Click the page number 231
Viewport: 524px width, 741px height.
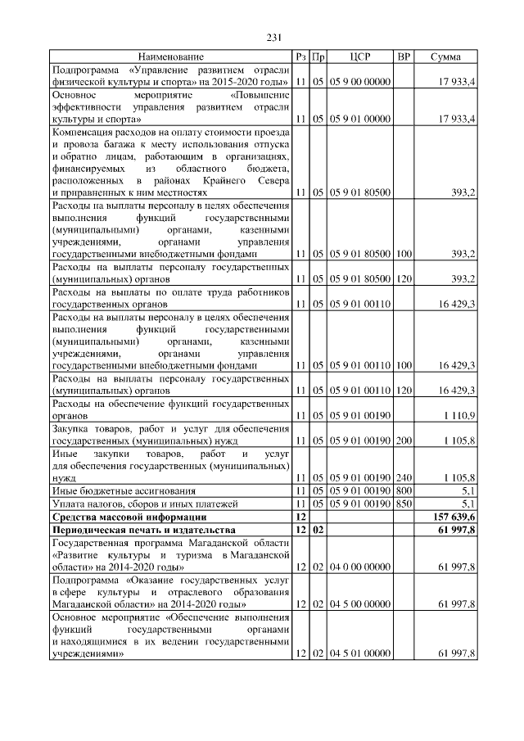[273, 37]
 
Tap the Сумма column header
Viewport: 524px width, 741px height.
[446, 56]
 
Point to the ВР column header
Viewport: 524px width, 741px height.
[403, 56]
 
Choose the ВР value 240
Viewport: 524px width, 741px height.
[403, 477]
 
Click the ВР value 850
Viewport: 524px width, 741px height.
[403, 504]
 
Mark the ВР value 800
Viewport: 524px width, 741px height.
[403, 490]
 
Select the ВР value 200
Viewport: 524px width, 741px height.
[403, 440]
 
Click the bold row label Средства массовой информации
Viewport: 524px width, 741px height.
[129, 517]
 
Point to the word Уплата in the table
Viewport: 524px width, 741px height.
[69, 504]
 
